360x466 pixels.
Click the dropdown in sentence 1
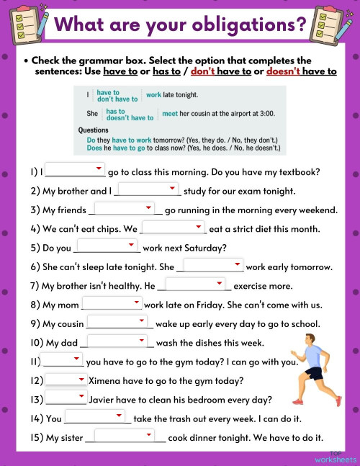click(x=75, y=171)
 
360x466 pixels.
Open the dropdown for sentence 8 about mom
click(x=112, y=304)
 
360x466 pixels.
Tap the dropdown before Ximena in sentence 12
click(x=66, y=380)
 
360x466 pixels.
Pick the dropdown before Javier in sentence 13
click(x=66, y=398)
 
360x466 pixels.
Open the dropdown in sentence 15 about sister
click(x=125, y=436)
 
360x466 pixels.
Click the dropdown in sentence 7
click(x=196, y=284)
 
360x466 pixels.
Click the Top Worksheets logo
click(x=335, y=455)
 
